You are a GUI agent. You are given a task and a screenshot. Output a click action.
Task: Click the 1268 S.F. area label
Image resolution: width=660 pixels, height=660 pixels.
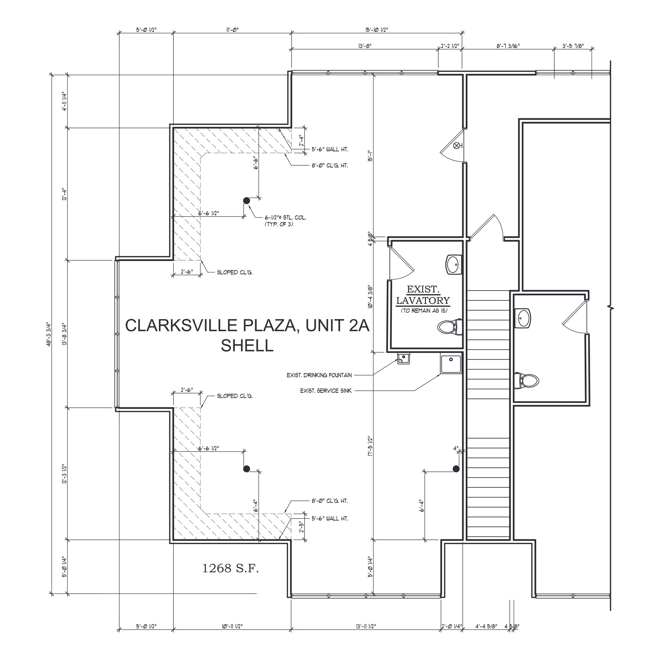pyautogui.click(x=231, y=568)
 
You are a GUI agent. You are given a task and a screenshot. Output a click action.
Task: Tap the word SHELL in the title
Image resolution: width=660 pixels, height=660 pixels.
pyautogui.click(x=247, y=345)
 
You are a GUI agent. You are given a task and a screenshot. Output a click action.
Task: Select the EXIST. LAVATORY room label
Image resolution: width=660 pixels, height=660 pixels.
pyautogui.click(x=423, y=295)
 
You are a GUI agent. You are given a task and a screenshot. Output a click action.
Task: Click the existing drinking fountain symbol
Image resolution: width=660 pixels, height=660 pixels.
pyautogui.click(x=404, y=359)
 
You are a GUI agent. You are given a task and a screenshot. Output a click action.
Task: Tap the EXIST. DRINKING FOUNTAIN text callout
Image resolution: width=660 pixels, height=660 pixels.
pyautogui.click(x=319, y=375)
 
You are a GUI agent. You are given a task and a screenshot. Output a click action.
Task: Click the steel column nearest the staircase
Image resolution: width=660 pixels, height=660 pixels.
pyautogui.click(x=456, y=469)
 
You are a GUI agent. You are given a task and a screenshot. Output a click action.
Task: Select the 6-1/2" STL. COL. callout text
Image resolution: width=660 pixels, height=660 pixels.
pyautogui.click(x=285, y=218)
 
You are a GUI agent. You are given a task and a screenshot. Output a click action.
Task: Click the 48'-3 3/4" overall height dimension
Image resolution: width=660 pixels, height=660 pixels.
pyautogui.click(x=49, y=335)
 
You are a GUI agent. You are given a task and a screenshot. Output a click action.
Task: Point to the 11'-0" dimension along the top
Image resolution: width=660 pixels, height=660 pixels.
pyautogui.click(x=232, y=30)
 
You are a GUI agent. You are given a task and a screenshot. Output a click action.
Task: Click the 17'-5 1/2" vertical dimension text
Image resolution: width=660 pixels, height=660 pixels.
pyautogui.click(x=370, y=446)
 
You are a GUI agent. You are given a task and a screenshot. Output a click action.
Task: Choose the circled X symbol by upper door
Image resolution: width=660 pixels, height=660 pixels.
pyautogui.click(x=456, y=146)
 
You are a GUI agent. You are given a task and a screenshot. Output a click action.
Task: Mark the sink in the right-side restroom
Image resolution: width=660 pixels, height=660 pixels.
pyautogui.click(x=523, y=318)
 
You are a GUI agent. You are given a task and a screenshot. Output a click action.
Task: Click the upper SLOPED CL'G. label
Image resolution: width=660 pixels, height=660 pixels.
pyautogui.click(x=235, y=273)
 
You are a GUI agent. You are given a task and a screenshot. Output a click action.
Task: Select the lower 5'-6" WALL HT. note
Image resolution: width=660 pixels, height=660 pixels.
pyautogui.click(x=330, y=519)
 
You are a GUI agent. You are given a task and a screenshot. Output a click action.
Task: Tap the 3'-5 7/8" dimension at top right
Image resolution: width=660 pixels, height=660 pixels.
pyautogui.click(x=573, y=46)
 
